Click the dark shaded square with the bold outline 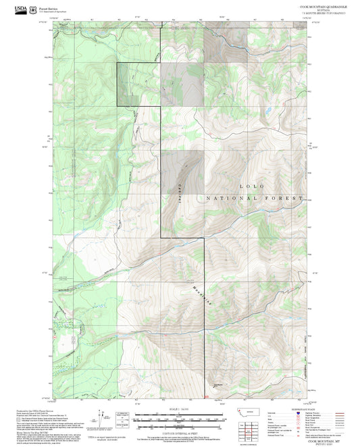138,84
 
